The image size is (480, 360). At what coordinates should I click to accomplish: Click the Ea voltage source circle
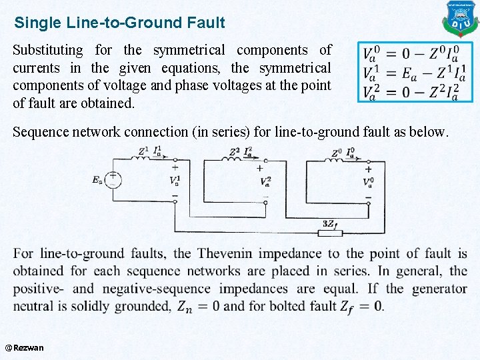click(x=113, y=179)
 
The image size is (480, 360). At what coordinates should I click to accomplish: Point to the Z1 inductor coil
click(x=141, y=159)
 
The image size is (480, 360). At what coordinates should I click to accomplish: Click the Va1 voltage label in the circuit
click(x=175, y=181)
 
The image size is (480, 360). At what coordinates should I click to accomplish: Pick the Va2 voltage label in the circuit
click(x=265, y=181)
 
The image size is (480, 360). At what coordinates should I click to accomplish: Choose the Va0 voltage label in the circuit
click(x=368, y=182)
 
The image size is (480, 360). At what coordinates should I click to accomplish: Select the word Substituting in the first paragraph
click(x=48, y=51)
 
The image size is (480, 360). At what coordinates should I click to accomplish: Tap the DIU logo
click(x=461, y=19)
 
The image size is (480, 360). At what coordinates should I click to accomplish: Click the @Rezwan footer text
click(x=24, y=347)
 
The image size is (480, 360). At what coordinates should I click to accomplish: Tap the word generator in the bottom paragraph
click(x=431, y=289)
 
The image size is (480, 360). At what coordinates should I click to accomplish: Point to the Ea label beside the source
click(x=97, y=179)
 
